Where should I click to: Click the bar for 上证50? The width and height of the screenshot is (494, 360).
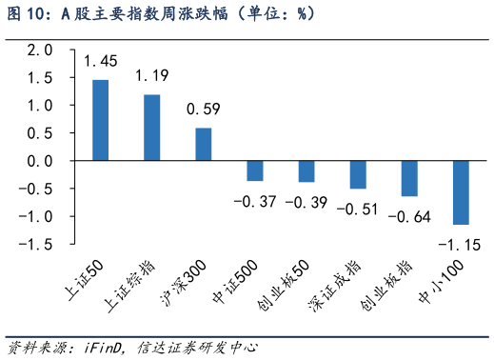(x=100, y=120)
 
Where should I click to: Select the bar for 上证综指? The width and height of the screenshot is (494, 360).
(x=151, y=128)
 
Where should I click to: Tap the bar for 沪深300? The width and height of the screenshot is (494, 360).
(x=203, y=145)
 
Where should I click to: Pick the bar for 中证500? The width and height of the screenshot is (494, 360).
(x=254, y=171)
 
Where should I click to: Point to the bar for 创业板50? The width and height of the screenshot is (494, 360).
(x=306, y=172)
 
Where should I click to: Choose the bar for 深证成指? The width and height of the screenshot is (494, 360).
(x=357, y=175)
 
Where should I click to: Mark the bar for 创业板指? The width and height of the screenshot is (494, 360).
(x=409, y=179)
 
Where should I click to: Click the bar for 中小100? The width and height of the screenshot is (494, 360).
(x=461, y=193)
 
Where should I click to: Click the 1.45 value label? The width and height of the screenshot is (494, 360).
(x=100, y=62)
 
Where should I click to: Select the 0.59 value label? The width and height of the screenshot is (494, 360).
(x=203, y=110)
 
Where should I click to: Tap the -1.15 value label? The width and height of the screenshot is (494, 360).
(x=459, y=245)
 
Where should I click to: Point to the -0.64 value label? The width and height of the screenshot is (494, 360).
(x=409, y=216)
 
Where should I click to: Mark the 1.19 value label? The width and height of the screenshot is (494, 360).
(x=151, y=75)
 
